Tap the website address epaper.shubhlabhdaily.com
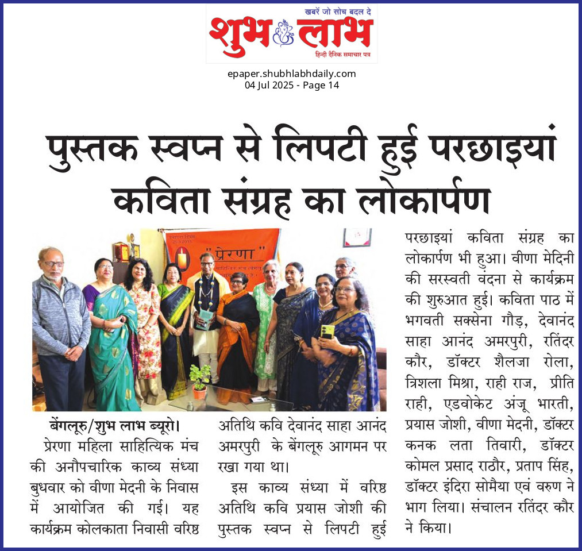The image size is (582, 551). (291, 74)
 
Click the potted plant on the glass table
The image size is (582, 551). (200, 380)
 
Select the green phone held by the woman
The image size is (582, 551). (327, 332)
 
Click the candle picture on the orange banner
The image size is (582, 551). (182, 260)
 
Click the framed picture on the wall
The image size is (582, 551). (357, 237)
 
